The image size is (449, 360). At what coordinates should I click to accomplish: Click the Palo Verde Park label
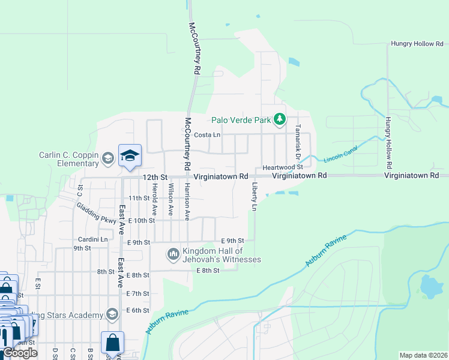(241, 120)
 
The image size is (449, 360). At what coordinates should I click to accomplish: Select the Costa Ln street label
(208, 136)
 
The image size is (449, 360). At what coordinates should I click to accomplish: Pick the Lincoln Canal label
(340, 154)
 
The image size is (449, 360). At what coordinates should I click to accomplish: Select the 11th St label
(139, 198)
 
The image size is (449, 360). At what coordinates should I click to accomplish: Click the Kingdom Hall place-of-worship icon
(173, 254)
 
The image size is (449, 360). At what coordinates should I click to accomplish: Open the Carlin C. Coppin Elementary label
(68, 158)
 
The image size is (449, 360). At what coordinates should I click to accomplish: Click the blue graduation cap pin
(130, 156)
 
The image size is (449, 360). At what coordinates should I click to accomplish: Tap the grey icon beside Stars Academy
(112, 314)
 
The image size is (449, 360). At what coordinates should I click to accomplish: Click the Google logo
(20, 353)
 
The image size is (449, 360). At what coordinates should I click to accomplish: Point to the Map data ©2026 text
(423, 355)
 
